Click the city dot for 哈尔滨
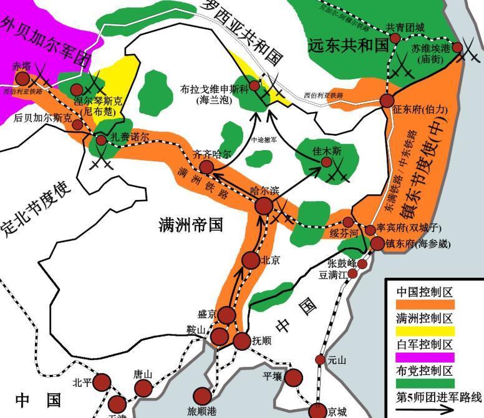(x=264, y=206)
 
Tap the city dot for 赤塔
(x=22, y=78)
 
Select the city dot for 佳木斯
(x=326, y=162)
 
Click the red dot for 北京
(x=251, y=260)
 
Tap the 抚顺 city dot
(x=241, y=341)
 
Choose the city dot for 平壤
(x=293, y=377)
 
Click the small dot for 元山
(x=320, y=359)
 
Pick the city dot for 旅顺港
(x=203, y=395)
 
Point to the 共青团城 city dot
(x=395, y=39)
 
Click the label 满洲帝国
(x=191, y=226)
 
